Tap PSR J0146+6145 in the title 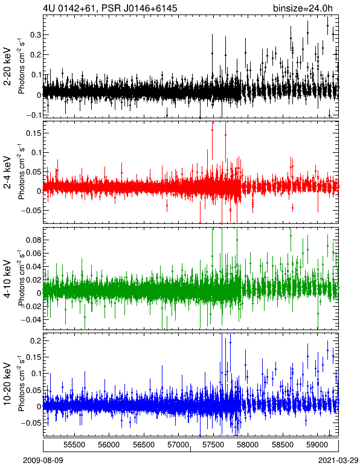click(140, 8)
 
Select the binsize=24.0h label click(303, 8)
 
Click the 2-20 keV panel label click(7, 66)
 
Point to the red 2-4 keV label click(7, 173)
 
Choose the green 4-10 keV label click(7, 279)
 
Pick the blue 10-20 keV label click(7, 384)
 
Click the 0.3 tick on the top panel click(36, 35)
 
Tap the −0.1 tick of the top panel click(33, 115)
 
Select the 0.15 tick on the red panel click(33, 133)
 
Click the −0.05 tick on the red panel click(31, 211)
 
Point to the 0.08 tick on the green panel click(33, 240)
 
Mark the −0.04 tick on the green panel click(31, 319)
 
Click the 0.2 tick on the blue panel click(36, 340)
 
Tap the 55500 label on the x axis click(74, 445)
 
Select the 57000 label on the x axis click(178, 445)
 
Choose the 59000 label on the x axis click(318, 445)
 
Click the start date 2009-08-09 click(43, 461)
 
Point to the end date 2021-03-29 click(338, 461)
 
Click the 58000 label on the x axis click(248, 445)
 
